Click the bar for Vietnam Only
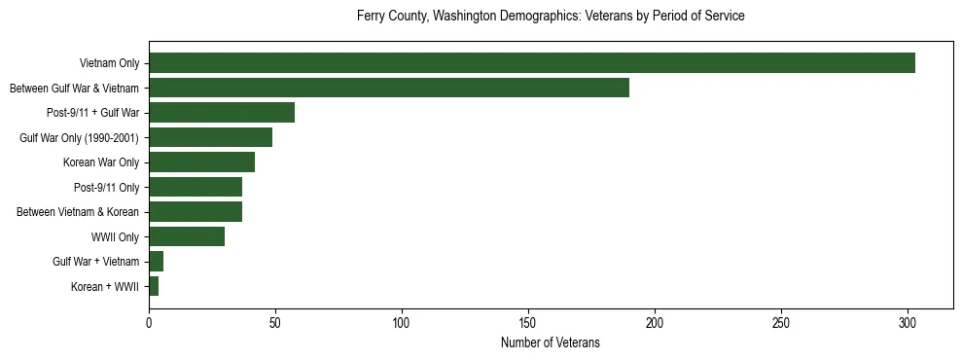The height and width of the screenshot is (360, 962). (x=532, y=63)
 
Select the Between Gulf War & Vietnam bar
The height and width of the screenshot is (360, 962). (x=389, y=88)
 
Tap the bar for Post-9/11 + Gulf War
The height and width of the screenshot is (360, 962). (x=222, y=113)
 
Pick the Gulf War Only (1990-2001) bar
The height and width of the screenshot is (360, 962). (x=210, y=137)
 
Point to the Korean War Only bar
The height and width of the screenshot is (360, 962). (x=201, y=162)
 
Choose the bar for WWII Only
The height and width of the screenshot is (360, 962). (x=187, y=236)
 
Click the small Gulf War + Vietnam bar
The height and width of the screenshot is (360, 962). (x=156, y=261)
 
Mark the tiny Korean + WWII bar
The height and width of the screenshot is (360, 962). (x=154, y=286)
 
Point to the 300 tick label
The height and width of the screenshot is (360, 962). (x=908, y=320)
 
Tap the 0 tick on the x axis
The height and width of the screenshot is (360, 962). (x=149, y=320)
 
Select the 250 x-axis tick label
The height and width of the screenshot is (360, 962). (x=781, y=320)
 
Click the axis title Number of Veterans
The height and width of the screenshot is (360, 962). (x=551, y=342)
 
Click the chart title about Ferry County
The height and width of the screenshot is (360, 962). (x=551, y=17)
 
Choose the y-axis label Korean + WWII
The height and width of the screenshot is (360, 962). (x=105, y=287)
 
